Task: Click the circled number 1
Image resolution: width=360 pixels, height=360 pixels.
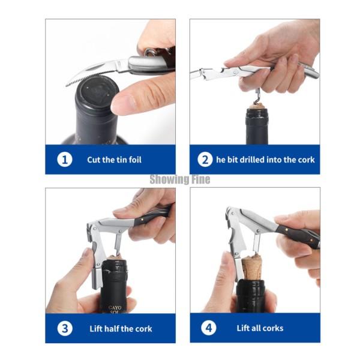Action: coord(65,160)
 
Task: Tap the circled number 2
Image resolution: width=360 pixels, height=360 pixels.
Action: coord(205,160)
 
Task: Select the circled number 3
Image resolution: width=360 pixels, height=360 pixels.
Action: coord(65,328)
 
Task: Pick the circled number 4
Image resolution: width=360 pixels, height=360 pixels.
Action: coord(208,328)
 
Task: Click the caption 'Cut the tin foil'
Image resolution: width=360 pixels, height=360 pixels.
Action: coord(114,160)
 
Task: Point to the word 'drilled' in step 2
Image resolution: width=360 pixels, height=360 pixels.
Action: coord(252,160)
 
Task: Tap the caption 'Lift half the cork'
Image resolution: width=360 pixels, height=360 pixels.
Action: coord(121,329)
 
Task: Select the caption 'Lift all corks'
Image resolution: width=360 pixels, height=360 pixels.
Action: coord(260,328)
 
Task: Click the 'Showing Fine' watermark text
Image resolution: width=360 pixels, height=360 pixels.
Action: coord(180,179)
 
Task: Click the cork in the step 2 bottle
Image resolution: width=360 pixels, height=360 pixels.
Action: coord(257,106)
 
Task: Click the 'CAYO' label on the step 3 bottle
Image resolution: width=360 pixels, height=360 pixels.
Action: coord(115,308)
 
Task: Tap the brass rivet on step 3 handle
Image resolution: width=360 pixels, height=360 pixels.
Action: coord(143,220)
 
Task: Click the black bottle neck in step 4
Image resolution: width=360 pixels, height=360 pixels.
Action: coord(251,296)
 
